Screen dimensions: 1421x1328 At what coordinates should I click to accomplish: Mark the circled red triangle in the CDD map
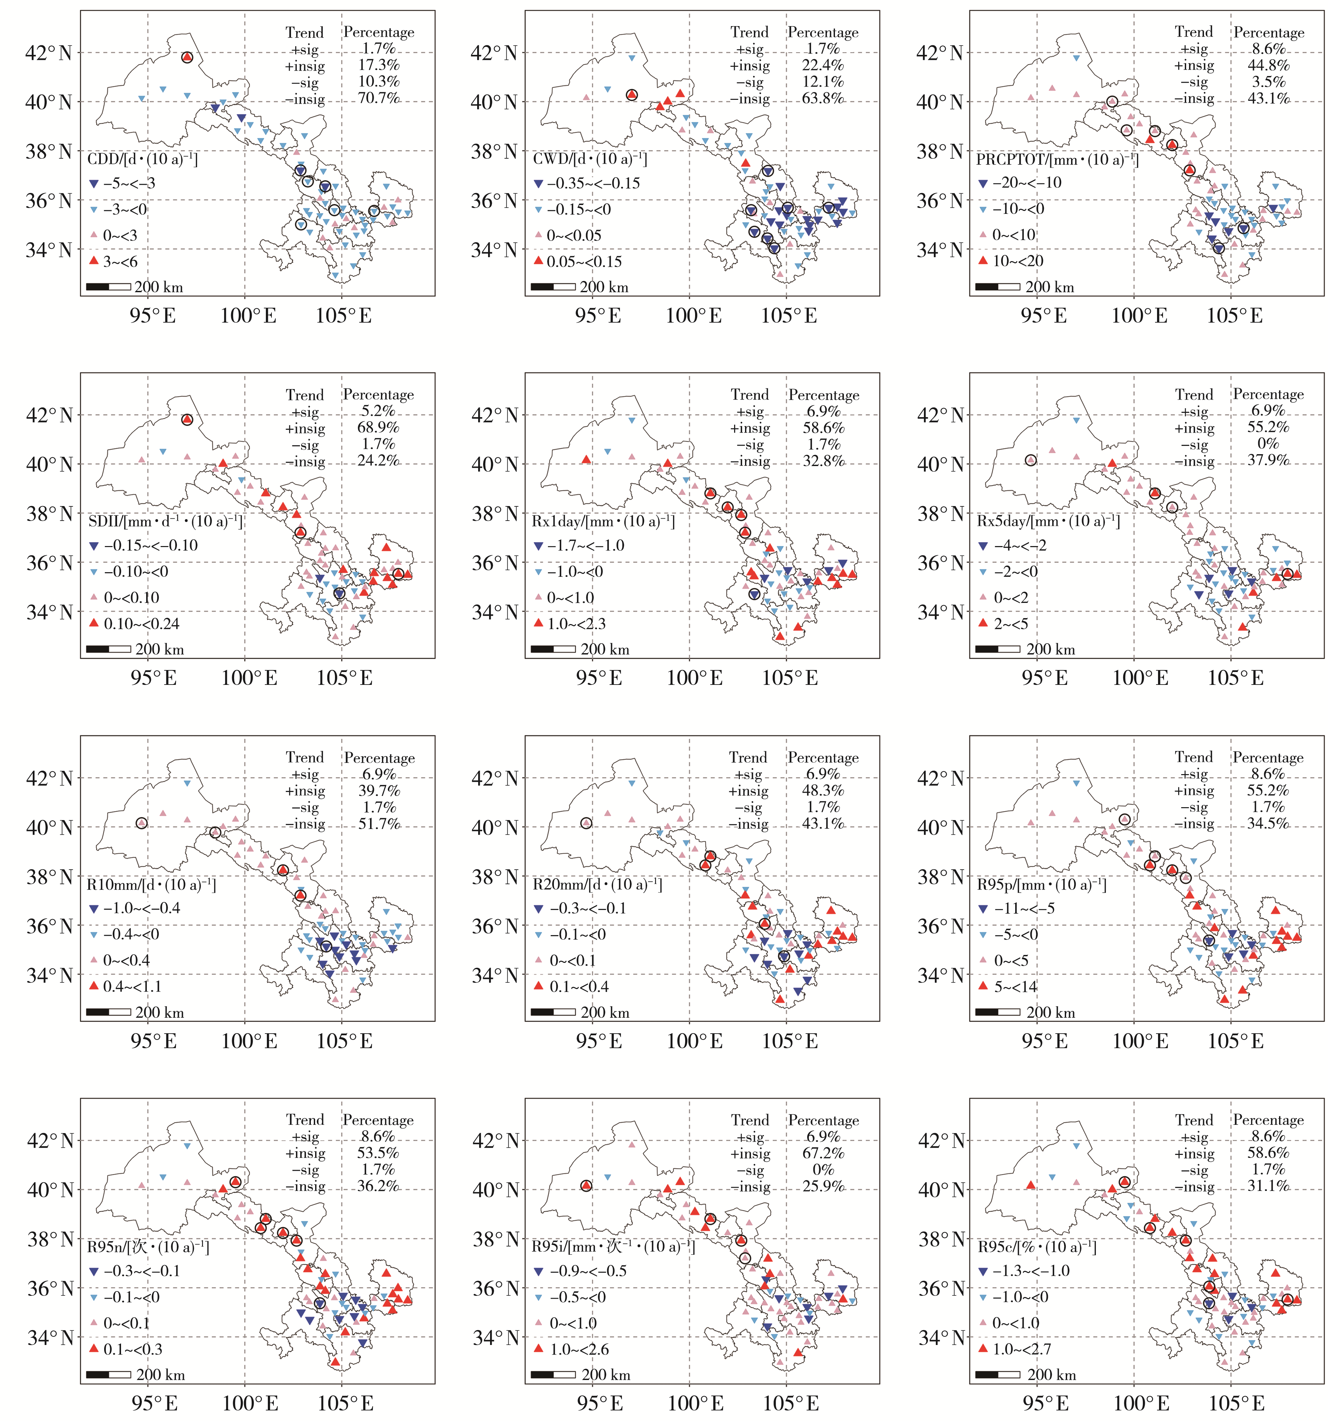[x=187, y=57]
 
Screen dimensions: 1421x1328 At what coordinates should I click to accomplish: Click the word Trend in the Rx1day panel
[x=749, y=395]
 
